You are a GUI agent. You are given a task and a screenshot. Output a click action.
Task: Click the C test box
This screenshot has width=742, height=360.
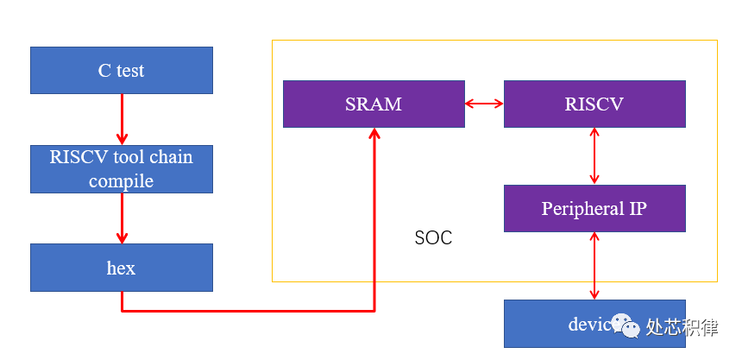click(x=121, y=70)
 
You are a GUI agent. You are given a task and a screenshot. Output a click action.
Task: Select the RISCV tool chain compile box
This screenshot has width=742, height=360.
click(x=121, y=169)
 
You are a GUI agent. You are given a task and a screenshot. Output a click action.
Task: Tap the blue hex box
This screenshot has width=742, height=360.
click(x=121, y=268)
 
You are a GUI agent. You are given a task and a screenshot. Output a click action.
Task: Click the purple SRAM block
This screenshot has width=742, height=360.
click(x=374, y=104)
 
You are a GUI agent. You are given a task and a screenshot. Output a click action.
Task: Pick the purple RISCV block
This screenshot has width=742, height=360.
click(x=594, y=104)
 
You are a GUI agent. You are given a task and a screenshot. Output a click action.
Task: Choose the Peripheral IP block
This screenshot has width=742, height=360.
click(x=594, y=208)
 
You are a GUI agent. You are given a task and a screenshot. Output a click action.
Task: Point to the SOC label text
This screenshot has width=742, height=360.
click(x=433, y=237)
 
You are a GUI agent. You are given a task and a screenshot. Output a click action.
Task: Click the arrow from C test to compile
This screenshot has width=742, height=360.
click(x=122, y=119)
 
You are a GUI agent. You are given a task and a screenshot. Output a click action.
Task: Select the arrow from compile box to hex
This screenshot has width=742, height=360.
click(x=122, y=218)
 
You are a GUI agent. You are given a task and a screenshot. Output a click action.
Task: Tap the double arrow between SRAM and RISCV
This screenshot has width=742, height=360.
click(x=484, y=104)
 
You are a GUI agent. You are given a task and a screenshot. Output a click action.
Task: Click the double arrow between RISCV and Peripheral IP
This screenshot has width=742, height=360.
click(x=594, y=155)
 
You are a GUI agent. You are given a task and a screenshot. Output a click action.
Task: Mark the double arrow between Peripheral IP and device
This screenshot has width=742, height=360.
click(x=594, y=266)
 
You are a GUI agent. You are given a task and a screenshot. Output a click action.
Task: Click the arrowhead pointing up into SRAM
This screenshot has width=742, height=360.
click(x=374, y=134)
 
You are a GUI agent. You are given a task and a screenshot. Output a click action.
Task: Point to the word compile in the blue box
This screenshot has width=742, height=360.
click(x=121, y=180)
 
